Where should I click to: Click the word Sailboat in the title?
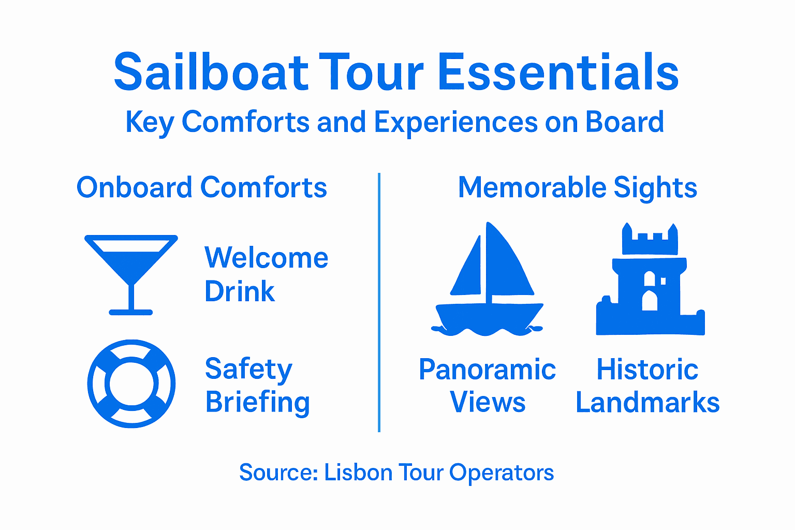(211, 72)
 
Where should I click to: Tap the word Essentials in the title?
(558, 72)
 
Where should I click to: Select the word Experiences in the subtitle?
(456, 123)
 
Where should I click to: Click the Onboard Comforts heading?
(202, 187)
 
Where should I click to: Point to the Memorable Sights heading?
(578, 187)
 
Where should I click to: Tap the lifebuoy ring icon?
(131, 384)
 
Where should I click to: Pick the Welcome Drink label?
(266, 274)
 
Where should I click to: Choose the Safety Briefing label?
(257, 386)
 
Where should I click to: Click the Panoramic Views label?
(487, 386)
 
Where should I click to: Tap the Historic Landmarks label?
(647, 386)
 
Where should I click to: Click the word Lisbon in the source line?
(358, 473)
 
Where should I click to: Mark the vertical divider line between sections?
(379, 302)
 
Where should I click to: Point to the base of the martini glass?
(131, 312)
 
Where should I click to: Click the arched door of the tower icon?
(650, 301)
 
